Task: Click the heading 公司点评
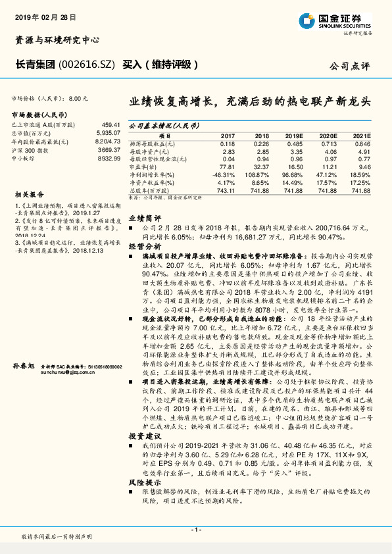[x=350, y=66]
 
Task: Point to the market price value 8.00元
[x=78, y=98]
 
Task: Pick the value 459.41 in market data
[x=110, y=124]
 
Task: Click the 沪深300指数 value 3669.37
[x=109, y=151]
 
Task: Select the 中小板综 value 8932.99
[x=109, y=159]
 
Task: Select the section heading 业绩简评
[x=144, y=217]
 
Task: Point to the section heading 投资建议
[x=144, y=437]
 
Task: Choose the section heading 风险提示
[x=144, y=482]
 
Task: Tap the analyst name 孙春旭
[x=24, y=365]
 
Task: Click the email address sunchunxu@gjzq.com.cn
[x=66, y=371]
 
